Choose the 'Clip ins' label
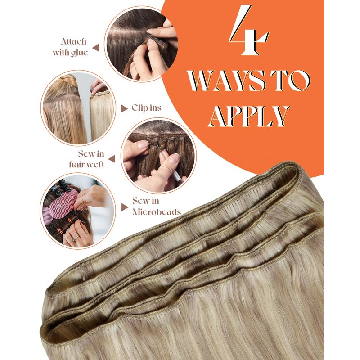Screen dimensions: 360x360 146,108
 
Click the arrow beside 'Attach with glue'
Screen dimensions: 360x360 96,47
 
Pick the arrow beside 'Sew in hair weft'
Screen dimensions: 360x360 112,159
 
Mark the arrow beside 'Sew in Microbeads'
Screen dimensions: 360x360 125,207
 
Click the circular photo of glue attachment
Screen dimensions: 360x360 139,45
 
